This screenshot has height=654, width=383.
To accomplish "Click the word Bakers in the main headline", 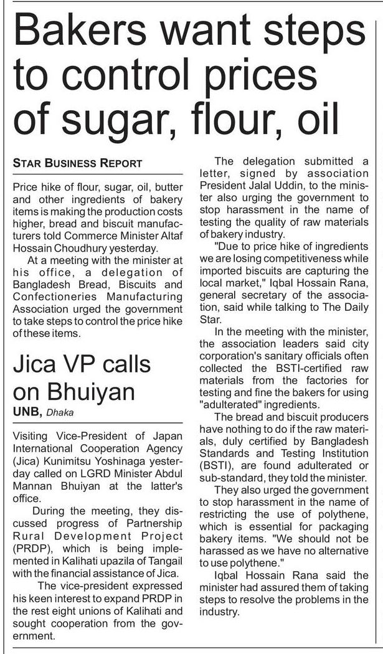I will (82, 32).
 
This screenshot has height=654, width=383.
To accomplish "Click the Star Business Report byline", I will (78, 164).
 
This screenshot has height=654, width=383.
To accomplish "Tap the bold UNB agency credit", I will (26, 411).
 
